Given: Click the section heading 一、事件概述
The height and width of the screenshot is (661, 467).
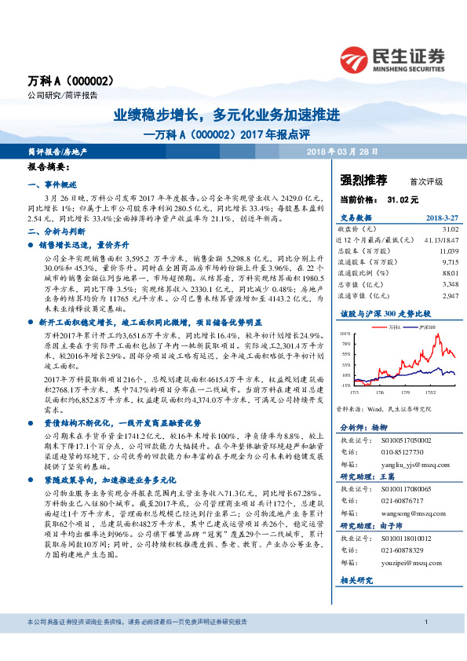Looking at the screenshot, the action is (52, 184).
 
